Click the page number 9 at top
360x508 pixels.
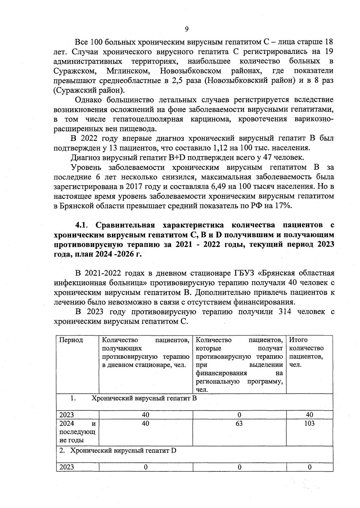pos(187,29)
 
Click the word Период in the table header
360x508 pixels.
pos(71,340)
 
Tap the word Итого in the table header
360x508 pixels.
pos(298,340)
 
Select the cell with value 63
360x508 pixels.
pos(239,423)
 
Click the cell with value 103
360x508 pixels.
pos(309,423)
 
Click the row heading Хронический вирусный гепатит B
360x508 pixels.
pos(144,398)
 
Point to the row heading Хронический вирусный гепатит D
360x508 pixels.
pos(123,450)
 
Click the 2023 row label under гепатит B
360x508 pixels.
pos(67,415)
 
